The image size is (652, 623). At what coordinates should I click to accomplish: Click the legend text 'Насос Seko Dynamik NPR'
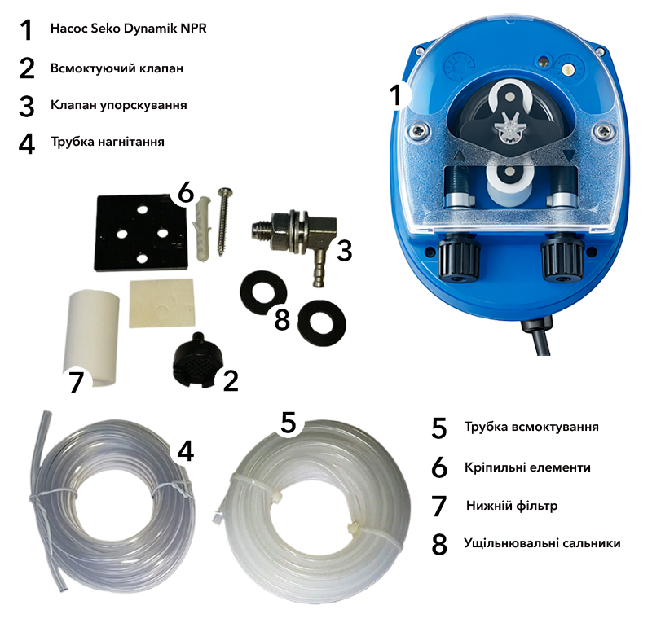(x=129, y=29)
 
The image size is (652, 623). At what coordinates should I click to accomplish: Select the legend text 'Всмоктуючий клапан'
(x=117, y=68)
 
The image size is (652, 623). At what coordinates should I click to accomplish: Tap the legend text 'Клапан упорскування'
(x=119, y=105)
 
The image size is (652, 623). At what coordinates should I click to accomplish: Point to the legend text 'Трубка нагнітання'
(x=108, y=142)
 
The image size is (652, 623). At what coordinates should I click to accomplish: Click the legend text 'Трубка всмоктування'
(x=531, y=427)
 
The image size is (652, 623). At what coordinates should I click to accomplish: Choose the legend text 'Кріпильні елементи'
(x=527, y=467)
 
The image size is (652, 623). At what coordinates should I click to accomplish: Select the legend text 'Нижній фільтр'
(x=512, y=506)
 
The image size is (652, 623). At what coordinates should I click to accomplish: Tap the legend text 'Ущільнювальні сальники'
(x=542, y=543)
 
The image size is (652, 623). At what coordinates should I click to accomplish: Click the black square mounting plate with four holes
(x=141, y=233)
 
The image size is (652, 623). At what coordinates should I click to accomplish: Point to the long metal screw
(x=223, y=222)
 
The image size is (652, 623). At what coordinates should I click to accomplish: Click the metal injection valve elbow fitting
(x=291, y=237)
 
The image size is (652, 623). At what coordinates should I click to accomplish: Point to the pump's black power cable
(x=538, y=336)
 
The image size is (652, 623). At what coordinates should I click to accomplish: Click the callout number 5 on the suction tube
(x=289, y=422)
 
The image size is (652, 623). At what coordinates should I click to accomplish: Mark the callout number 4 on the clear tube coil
(x=186, y=450)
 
